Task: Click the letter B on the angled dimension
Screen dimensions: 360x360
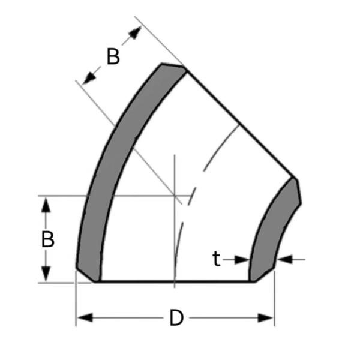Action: tap(113, 56)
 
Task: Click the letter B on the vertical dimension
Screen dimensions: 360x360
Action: tap(48, 239)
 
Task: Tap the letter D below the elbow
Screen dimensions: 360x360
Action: tap(176, 318)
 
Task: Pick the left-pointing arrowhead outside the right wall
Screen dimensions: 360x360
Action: tap(284, 259)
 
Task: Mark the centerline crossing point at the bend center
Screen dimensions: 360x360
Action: tap(174, 195)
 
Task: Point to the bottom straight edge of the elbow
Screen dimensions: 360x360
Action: tap(174, 281)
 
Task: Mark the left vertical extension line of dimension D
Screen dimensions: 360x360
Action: tap(76, 300)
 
